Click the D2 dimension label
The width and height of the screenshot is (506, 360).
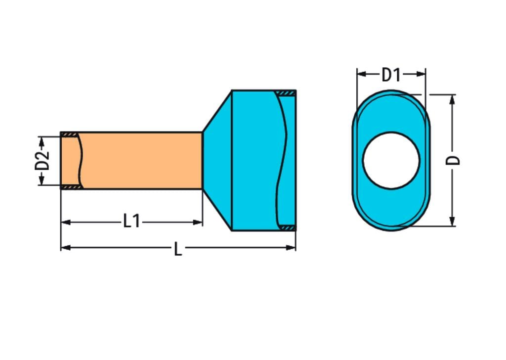44,161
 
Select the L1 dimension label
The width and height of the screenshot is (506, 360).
131,222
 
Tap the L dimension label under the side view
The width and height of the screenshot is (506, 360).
178,249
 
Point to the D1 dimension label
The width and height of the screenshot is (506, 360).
391,75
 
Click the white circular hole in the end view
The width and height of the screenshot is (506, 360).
391,160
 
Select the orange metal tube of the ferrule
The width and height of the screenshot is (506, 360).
141,160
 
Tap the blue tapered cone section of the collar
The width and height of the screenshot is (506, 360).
217,160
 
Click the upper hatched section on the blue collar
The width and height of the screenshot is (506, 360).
285,93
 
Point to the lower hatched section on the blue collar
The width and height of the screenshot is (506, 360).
286,227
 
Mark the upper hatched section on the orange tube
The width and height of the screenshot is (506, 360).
69,135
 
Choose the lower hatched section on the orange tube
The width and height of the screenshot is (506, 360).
69,187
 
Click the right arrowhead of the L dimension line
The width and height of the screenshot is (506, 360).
292,247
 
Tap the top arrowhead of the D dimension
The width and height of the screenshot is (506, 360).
451,99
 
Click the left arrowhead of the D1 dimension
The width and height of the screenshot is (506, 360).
361,74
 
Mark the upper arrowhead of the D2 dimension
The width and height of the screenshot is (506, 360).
42,141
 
